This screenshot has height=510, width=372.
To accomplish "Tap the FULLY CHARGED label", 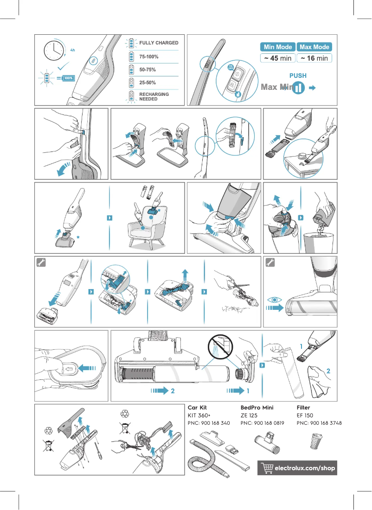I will (159, 43).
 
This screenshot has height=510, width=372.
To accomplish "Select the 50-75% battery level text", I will (148, 69).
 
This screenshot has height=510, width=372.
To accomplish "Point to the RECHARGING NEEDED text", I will (154, 96).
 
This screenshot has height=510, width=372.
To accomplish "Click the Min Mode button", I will (278, 47).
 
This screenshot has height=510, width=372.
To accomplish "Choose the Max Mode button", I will (314, 47).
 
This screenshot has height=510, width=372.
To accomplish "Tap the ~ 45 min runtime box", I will (278, 58).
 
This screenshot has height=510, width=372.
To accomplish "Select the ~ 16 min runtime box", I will (314, 58).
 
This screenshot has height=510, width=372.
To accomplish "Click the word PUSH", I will (298, 76).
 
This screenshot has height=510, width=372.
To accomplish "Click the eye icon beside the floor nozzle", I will (275, 300).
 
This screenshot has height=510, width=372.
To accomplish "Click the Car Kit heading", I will (197, 408).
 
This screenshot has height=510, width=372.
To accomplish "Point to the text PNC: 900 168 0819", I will (262, 423).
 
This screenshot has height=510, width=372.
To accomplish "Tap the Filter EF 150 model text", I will (305, 416).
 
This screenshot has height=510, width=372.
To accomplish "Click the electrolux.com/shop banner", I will (297, 468).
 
